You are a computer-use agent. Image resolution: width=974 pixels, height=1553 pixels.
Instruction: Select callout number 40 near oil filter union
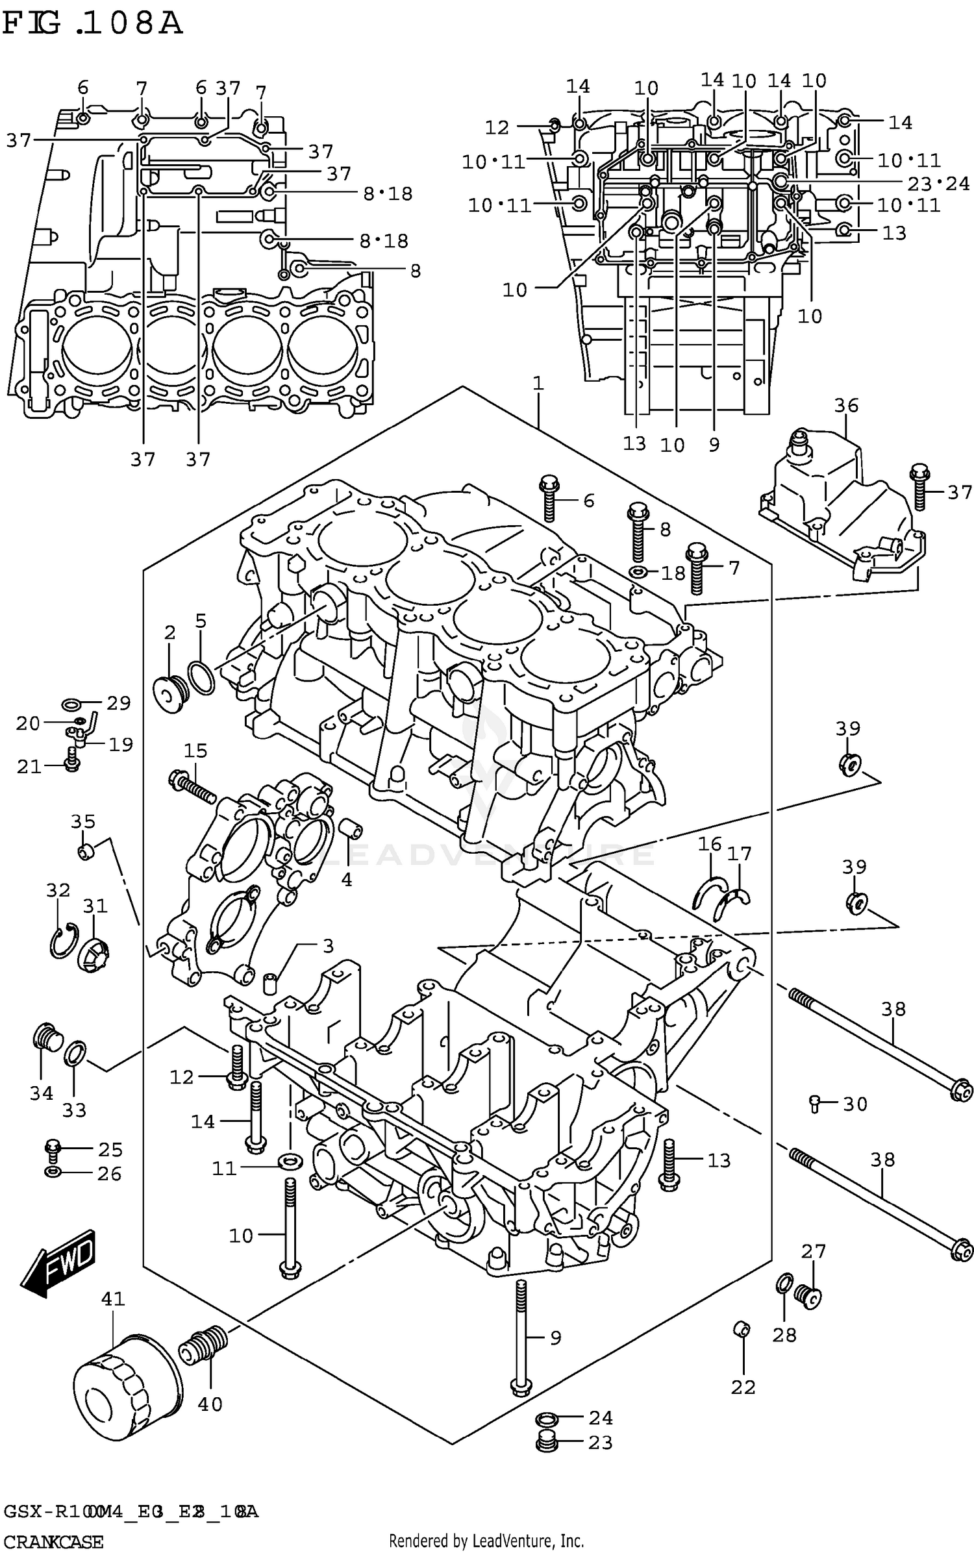(209, 1404)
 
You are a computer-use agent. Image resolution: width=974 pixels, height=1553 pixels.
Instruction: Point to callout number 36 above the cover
(846, 406)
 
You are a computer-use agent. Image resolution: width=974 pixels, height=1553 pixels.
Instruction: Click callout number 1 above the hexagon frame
(538, 383)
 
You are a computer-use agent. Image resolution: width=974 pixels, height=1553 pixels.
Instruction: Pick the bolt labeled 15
(192, 786)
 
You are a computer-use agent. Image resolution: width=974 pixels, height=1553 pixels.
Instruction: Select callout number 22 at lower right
(743, 1387)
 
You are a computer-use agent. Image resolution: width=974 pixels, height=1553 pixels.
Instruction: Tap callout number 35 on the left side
(83, 822)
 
